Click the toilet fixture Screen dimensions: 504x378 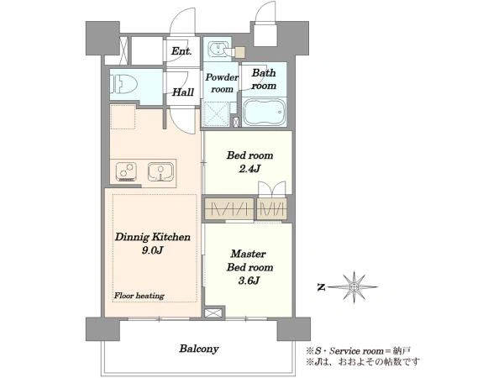(123, 84)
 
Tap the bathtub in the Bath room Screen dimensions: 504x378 (265, 112)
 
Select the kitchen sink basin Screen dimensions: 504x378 (160, 171)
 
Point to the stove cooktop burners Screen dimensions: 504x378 (126, 171)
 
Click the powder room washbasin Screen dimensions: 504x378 (218, 49)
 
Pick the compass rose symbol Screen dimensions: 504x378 (354, 286)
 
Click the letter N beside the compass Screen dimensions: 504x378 (321, 287)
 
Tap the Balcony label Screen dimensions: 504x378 (199, 349)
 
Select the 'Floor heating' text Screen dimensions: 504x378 (139, 296)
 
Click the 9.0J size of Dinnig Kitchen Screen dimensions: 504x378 (153, 250)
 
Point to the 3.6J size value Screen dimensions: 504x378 (249, 281)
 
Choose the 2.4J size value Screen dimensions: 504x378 (249, 169)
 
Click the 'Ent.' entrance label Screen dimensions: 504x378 (181, 50)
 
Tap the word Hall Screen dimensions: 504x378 (183, 92)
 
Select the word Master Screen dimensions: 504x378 (248, 254)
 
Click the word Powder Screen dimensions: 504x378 (222, 77)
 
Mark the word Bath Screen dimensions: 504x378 (264, 73)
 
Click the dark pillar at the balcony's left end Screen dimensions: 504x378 (102, 329)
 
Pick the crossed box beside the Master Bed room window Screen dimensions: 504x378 (213, 313)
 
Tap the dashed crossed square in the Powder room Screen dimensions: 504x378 (216, 113)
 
